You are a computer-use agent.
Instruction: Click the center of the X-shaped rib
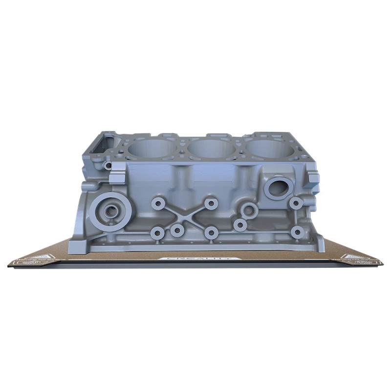(x=183, y=217)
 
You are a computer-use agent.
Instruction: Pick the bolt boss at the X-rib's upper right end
(x=211, y=203)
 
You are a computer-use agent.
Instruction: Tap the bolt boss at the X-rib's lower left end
(x=157, y=233)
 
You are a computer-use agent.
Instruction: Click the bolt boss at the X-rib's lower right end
(x=211, y=233)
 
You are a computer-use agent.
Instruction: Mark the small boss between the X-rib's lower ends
(x=177, y=229)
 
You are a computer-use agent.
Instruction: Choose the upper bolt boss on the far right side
(x=296, y=203)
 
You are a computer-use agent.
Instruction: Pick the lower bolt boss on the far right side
(x=296, y=232)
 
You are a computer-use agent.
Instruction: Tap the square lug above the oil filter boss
(x=116, y=178)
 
